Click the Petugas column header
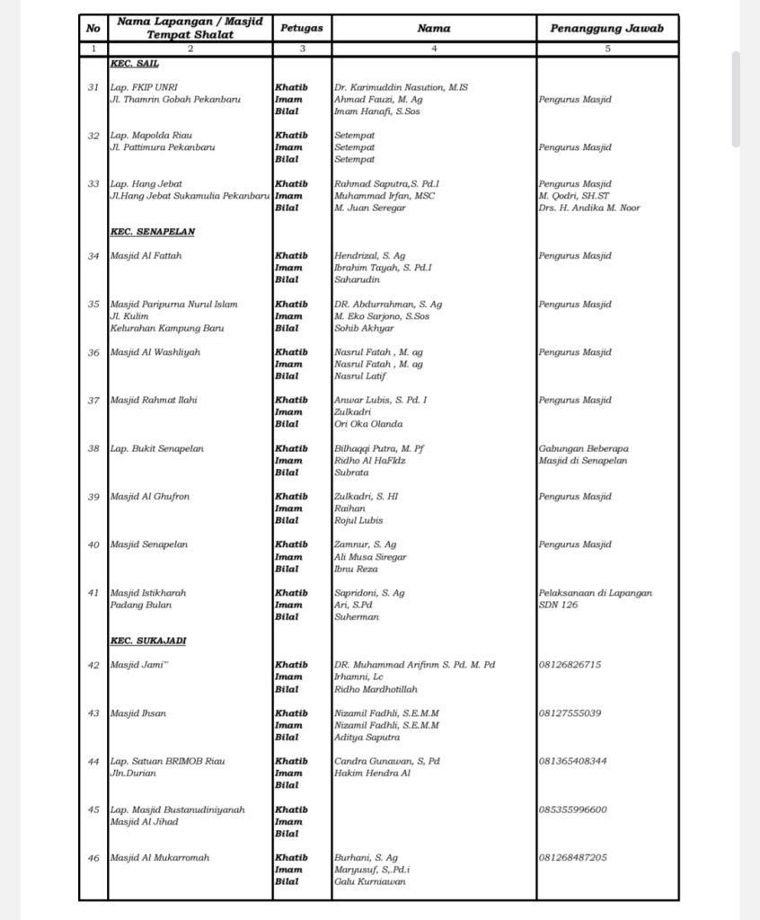pos(302,28)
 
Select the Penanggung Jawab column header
pos(607,28)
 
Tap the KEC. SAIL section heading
pos(135,64)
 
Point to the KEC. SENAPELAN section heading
pos(152,232)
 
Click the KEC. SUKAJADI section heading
pos(148,641)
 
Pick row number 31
pos(93,87)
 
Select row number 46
pos(93,858)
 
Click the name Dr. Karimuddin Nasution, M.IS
pos(401,87)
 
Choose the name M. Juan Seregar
pos(370,208)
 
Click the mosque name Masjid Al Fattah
pos(146,256)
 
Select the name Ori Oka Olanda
pos(368,424)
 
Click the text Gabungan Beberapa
pos(583,448)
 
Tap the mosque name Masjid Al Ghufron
pos(149,497)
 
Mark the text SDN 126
pos(558,605)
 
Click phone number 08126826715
pos(570,665)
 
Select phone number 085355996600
pos(572,809)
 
